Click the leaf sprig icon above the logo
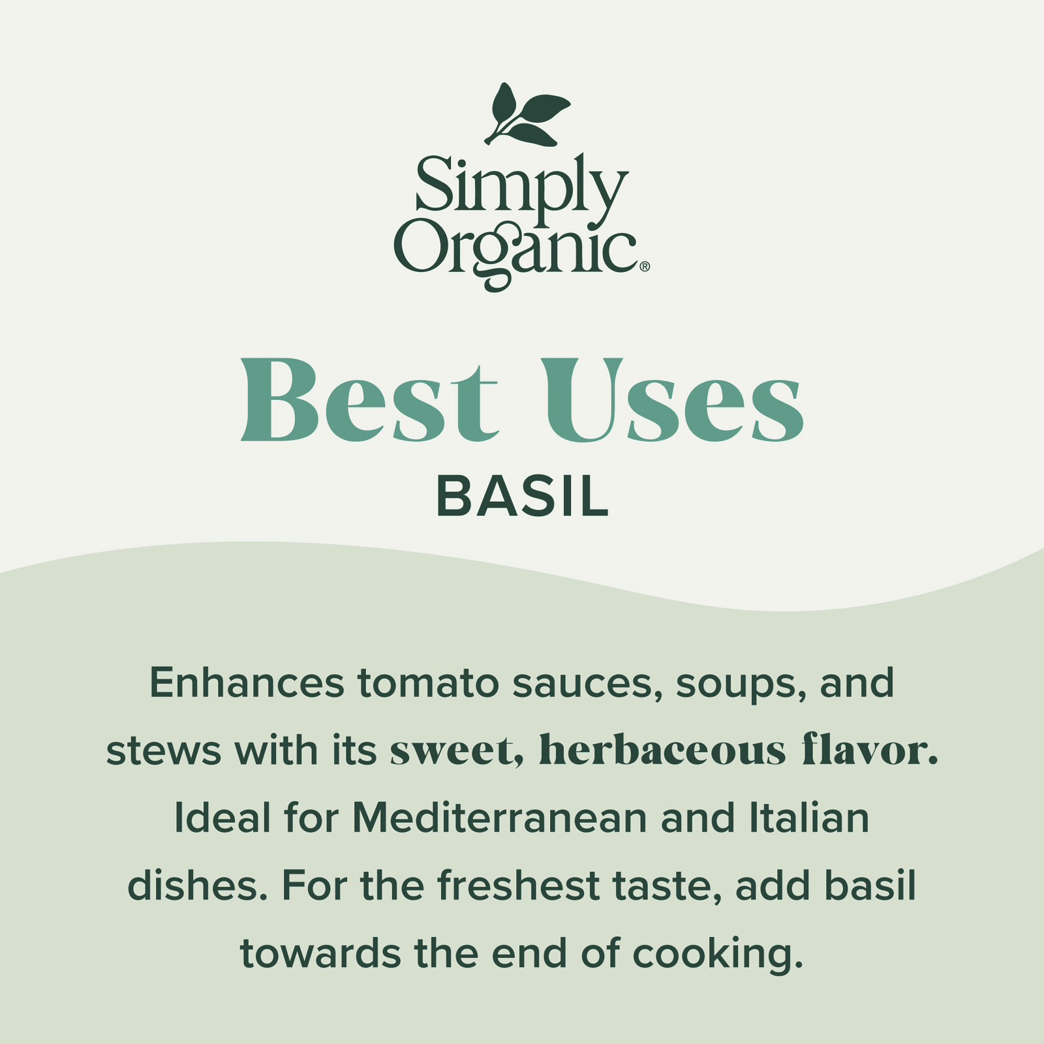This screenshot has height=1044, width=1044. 525,115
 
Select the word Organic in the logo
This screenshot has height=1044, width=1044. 515,254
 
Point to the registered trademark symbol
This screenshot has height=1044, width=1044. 645,266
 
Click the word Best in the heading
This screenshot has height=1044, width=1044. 369,399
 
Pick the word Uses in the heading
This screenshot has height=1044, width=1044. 673,399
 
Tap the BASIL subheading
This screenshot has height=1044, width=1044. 522,497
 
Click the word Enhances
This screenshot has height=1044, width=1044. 247,683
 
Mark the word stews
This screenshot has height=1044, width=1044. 164,752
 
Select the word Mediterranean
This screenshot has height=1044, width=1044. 499,818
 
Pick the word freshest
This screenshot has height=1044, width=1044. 518,885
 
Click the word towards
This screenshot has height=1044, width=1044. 320,953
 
